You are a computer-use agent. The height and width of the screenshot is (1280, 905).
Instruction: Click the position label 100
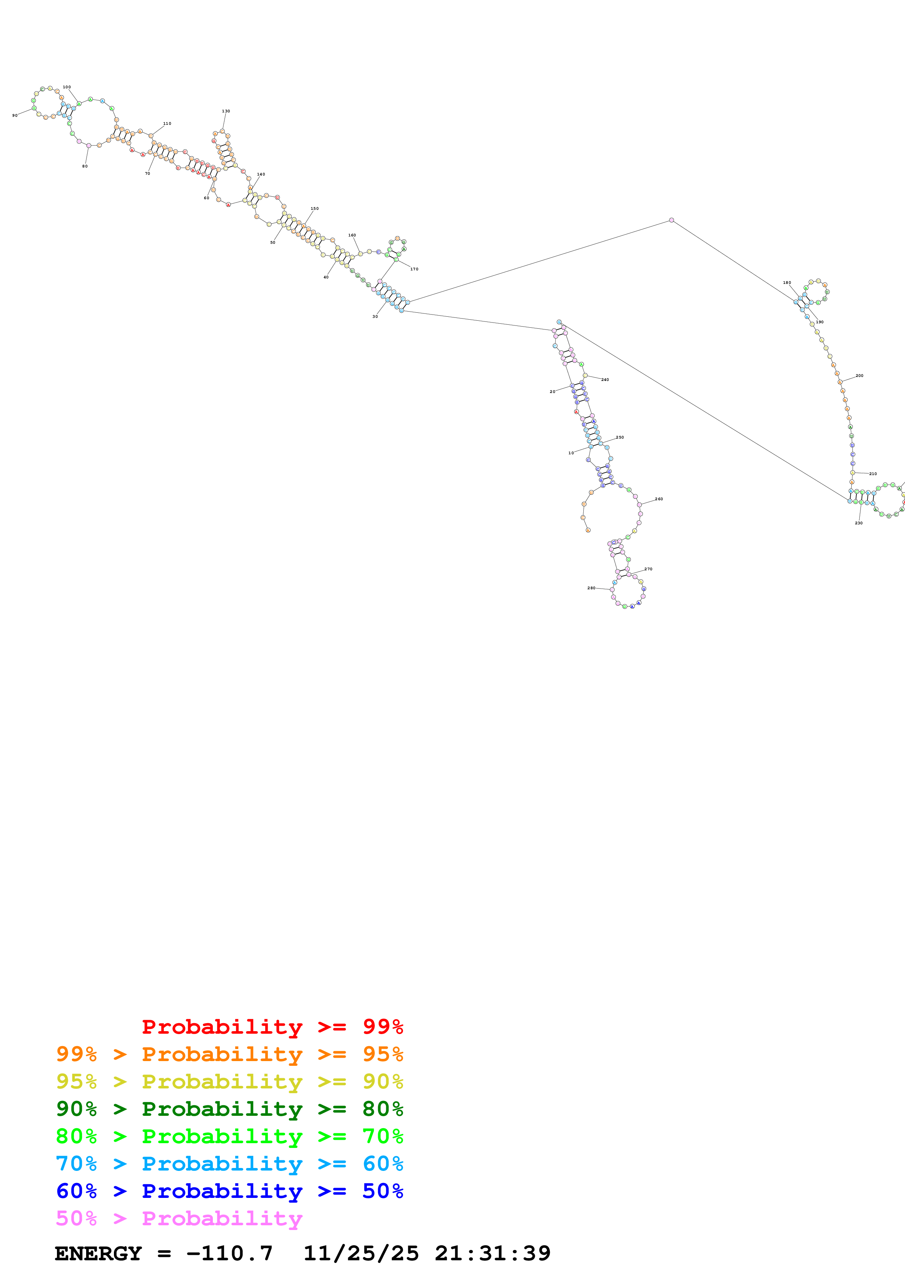click(x=67, y=87)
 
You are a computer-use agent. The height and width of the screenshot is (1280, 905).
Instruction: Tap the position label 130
click(x=226, y=111)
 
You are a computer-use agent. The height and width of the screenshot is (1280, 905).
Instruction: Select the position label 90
click(x=15, y=115)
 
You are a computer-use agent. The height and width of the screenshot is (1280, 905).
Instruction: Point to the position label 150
click(x=314, y=208)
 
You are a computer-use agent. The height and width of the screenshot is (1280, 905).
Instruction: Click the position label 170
click(x=414, y=269)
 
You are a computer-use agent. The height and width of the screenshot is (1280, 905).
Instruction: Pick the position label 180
click(x=787, y=283)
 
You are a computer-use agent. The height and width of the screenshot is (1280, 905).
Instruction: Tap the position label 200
click(x=859, y=376)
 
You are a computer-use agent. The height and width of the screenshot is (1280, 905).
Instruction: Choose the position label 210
click(x=873, y=474)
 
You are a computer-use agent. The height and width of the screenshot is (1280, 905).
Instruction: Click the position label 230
click(x=859, y=523)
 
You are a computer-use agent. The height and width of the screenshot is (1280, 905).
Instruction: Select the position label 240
click(x=605, y=379)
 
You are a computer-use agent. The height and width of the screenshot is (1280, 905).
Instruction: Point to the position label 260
click(x=659, y=499)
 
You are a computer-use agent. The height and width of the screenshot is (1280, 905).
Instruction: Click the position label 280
click(x=591, y=587)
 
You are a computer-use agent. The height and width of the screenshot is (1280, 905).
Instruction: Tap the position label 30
click(x=375, y=317)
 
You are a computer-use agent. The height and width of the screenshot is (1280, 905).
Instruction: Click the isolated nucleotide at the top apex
click(x=671, y=220)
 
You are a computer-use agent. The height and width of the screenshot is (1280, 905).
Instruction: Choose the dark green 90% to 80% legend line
click(x=229, y=1109)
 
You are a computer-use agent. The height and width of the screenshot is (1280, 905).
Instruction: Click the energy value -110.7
click(x=229, y=1253)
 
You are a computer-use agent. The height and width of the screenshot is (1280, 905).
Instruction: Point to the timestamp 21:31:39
click(x=492, y=1253)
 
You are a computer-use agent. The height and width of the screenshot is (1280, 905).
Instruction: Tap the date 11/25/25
click(x=361, y=1253)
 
